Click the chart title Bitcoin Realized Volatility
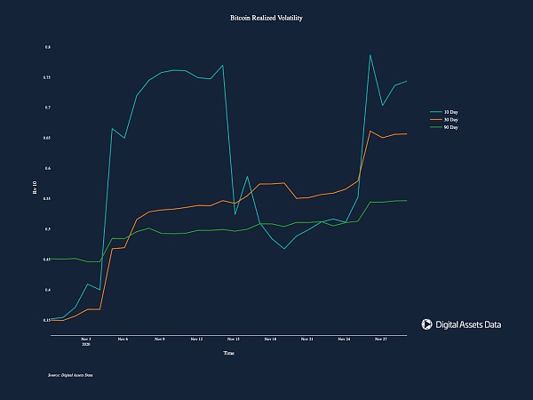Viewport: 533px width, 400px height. coord(266,18)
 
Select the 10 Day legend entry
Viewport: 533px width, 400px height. coord(450,112)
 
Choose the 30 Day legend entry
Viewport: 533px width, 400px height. coord(450,120)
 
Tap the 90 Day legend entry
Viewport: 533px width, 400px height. coord(450,128)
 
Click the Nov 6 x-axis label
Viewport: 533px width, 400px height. coord(123,339)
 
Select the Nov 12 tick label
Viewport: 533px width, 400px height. coord(196,339)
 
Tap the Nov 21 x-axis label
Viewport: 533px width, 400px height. coord(306,339)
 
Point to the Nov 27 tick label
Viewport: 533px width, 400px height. coord(380,339)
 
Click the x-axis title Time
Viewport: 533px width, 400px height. coord(228,353)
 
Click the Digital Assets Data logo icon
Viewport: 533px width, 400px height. coord(426,325)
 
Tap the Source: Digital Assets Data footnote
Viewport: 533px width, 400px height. coord(71,376)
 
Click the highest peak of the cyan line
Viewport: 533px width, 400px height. coord(370,55)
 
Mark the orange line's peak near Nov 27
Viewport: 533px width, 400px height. coord(370,132)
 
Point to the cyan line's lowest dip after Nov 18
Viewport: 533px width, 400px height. coord(284,249)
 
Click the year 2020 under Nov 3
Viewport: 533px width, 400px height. coord(86,344)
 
